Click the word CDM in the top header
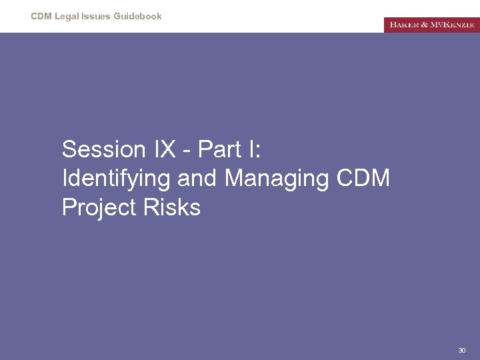click(x=41, y=16)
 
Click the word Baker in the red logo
click(x=405, y=25)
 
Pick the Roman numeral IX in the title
click(x=165, y=149)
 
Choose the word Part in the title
click(x=219, y=149)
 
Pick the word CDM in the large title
click(x=363, y=179)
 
